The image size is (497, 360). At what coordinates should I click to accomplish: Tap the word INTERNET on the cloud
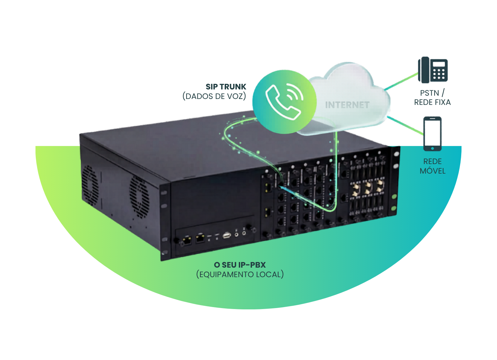[347, 105]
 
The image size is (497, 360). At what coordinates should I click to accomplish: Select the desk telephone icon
[433, 70]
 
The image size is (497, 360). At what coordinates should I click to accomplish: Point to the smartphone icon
[432, 133]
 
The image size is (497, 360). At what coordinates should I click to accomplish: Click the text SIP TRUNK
[226, 87]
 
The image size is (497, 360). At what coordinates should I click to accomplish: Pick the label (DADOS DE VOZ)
[214, 96]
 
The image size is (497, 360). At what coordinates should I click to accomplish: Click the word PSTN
[429, 93]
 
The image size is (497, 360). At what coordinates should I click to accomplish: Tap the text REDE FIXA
[432, 102]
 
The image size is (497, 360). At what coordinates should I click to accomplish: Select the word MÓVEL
[432, 171]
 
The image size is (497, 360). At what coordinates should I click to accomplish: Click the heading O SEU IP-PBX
[240, 265]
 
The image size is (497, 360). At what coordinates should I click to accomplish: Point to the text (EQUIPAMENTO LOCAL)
[240, 274]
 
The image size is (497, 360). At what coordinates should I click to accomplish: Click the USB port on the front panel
[226, 235]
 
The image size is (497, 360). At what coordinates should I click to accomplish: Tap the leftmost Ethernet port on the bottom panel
[187, 240]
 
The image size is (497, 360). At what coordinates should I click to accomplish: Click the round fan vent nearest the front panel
[139, 197]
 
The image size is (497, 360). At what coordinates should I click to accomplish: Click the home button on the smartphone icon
[432, 148]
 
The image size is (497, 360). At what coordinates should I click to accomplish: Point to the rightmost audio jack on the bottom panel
[244, 232]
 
